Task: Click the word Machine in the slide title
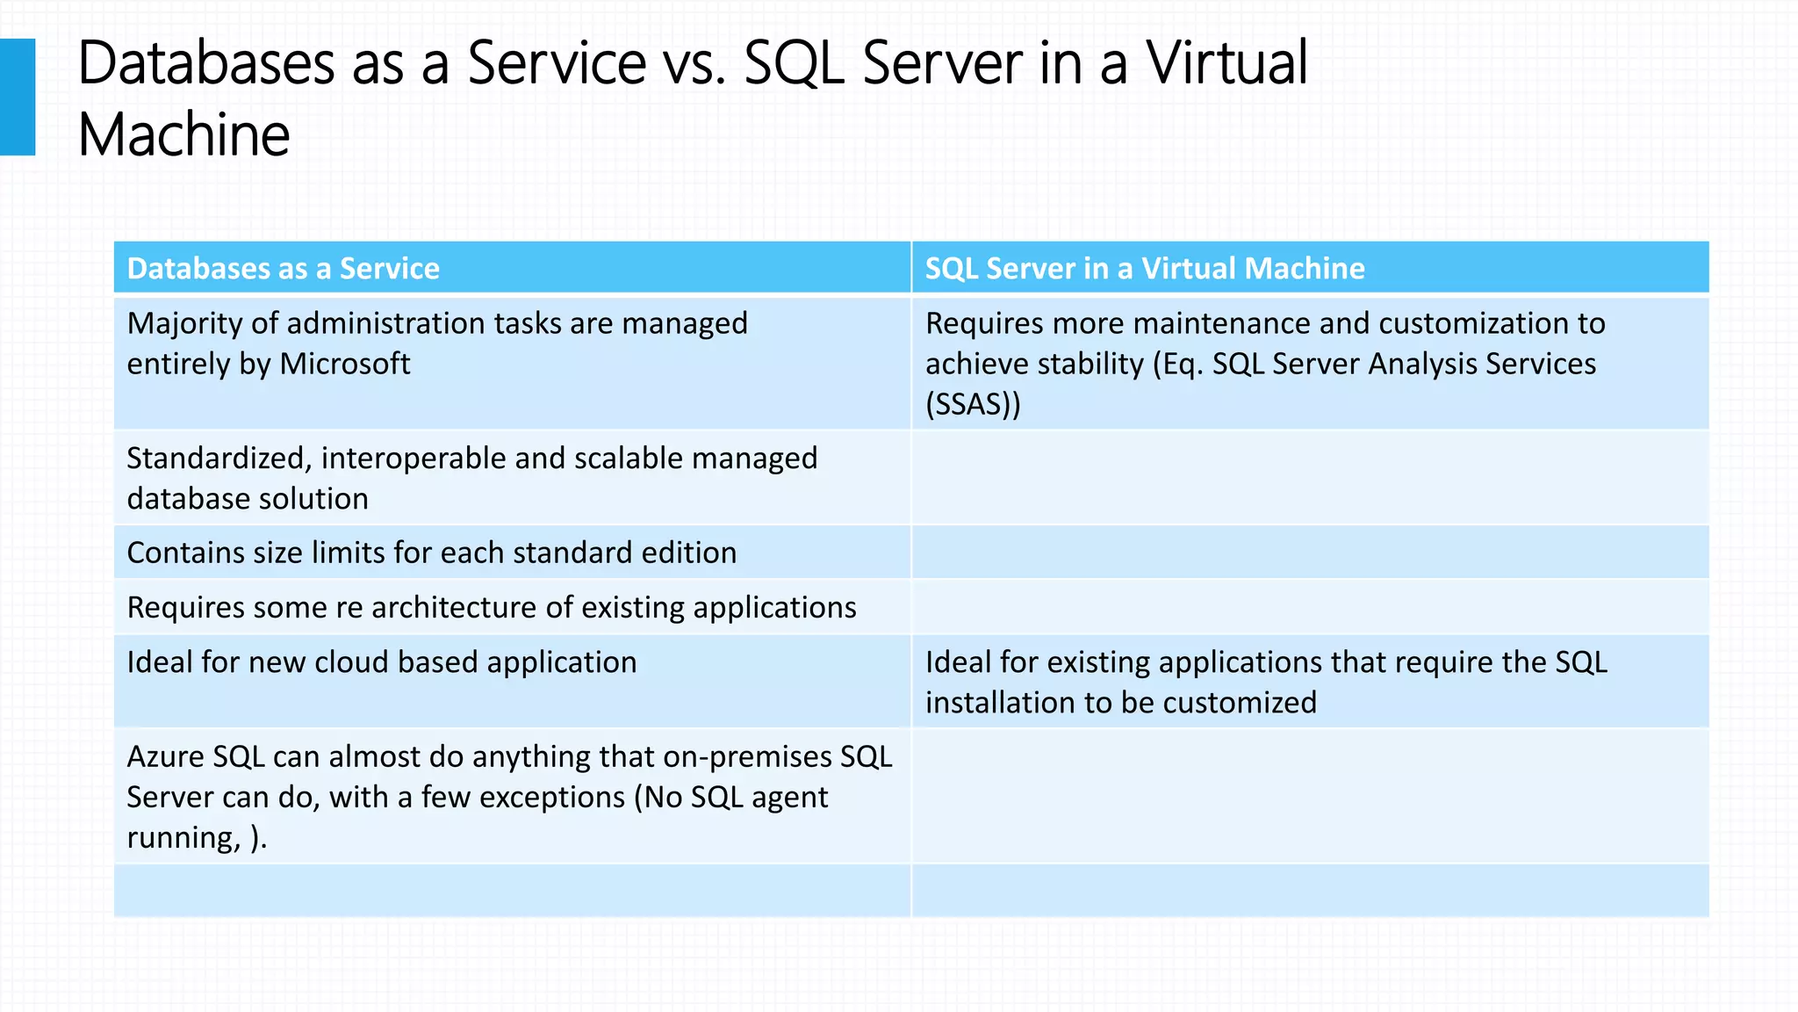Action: tap(183, 135)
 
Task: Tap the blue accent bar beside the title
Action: tap(18, 97)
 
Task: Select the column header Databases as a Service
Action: tap(283, 268)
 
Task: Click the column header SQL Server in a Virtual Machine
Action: tap(1145, 268)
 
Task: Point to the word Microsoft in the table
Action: tap(344, 364)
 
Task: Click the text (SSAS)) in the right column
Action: tap(973, 404)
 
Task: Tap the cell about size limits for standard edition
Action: tap(431, 553)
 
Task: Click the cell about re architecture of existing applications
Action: tap(491, 607)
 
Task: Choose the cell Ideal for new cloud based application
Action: tap(381, 661)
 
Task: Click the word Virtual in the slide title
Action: tap(1226, 63)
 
